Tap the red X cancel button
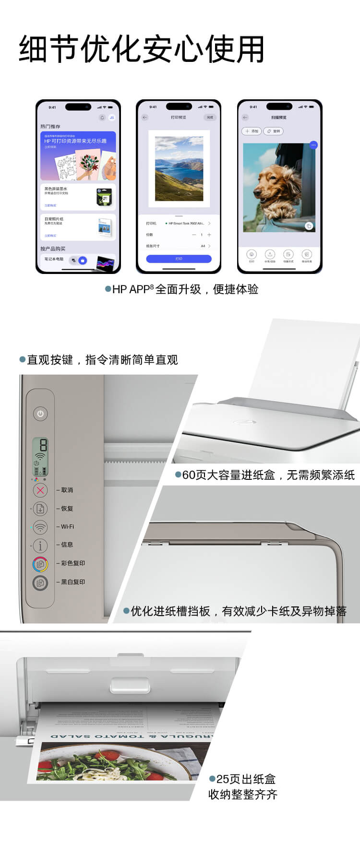pyautogui.click(x=40, y=490)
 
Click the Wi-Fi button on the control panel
pyautogui.click(x=40, y=527)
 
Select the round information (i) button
pyautogui.click(x=40, y=545)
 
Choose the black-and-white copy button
pyautogui.click(x=40, y=582)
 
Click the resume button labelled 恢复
pyautogui.click(x=40, y=509)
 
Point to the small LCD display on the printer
pyautogui.click(x=40, y=456)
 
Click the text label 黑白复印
pyautogui.click(x=73, y=582)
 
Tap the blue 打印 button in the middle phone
pyautogui.click(x=179, y=259)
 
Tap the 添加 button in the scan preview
pyautogui.click(x=252, y=131)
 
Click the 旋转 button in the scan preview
pyautogui.click(x=274, y=131)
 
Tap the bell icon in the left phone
pyautogui.click(x=102, y=118)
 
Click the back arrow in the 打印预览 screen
pyautogui.click(x=145, y=118)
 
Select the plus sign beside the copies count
pyautogui.click(x=209, y=235)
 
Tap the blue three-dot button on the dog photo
pyautogui.click(x=313, y=145)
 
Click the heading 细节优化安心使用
pyautogui.click(x=142, y=49)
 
